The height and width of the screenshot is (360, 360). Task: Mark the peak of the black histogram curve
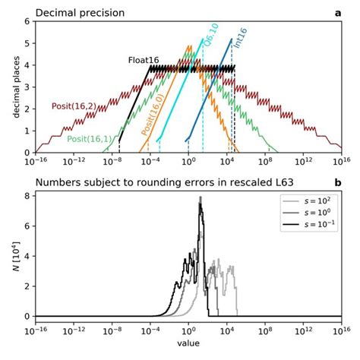click(x=201, y=198)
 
